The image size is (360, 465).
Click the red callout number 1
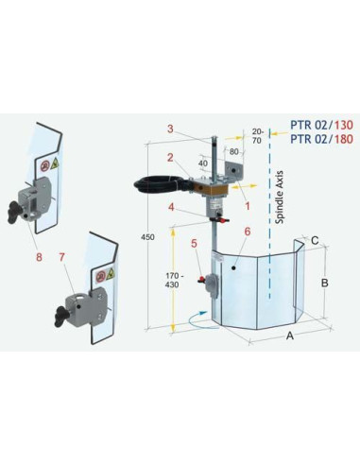click(x=248, y=200)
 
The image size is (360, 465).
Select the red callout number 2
click(x=170, y=158)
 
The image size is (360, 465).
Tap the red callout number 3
click(x=169, y=129)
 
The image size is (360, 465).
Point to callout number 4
click(x=171, y=206)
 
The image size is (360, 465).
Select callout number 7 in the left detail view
click(x=62, y=256)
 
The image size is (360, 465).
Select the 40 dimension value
click(x=202, y=163)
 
